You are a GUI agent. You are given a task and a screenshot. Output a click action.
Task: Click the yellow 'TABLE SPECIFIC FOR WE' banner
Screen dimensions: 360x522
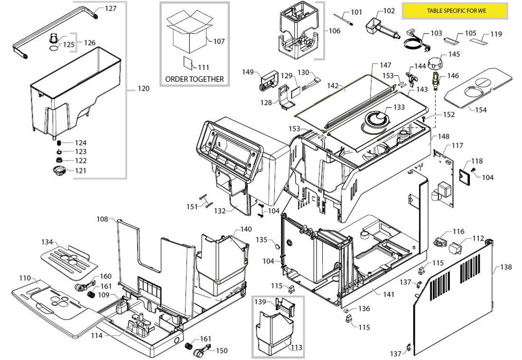(456, 10)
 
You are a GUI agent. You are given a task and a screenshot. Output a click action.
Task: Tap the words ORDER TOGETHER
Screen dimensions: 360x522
(194, 79)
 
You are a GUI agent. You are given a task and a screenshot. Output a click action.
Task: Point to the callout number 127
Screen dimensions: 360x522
(111, 9)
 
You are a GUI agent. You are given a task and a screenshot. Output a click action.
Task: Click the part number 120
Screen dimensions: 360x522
(143, 89)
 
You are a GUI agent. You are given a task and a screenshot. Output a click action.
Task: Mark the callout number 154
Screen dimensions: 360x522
(481, 110)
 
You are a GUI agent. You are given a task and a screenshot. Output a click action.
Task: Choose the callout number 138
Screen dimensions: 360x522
(506, 268)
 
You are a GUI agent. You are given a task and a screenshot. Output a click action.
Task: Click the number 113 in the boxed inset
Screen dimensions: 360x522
(296, 348)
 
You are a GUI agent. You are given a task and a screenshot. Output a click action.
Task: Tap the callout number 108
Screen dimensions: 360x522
(103, 219)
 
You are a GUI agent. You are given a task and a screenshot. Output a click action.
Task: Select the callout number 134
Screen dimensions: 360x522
(47, 242)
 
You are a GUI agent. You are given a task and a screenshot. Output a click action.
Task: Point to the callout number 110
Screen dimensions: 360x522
(25, 278)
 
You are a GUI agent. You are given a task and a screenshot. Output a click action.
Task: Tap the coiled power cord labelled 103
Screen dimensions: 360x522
(414, 43)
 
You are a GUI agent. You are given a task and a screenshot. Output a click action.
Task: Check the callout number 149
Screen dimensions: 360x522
(248, 72)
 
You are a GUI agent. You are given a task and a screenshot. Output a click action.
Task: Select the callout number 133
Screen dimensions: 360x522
(399, 107)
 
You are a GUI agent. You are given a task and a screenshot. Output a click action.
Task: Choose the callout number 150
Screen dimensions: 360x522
(222, 351)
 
